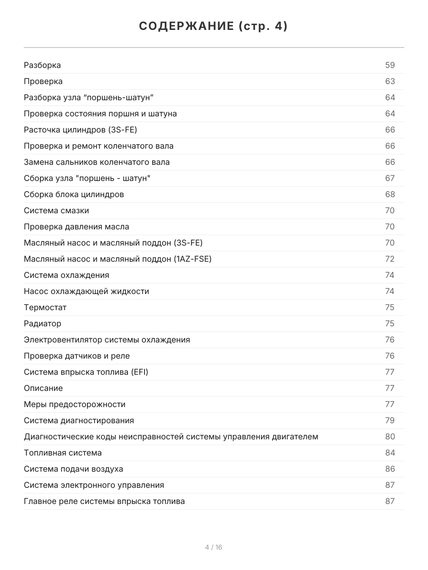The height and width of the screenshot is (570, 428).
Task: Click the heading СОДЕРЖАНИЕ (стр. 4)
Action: coord(214,27)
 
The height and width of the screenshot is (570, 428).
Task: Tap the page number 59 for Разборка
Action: coord(390,65)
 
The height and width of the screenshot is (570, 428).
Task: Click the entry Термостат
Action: coord(45,307)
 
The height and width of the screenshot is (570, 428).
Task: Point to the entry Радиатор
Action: coord(42,323)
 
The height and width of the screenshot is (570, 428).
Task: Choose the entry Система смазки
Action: coord(56,210)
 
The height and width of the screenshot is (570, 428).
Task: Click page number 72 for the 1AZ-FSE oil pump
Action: coord(390,259)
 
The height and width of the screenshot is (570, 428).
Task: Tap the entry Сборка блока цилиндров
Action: coord(74,194)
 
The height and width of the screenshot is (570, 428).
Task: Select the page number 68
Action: coord(390,194)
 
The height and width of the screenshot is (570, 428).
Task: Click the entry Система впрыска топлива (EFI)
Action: coord(86,372)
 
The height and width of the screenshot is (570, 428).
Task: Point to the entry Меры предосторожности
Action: coord(75,404)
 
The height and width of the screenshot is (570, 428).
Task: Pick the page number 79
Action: coord(390,420)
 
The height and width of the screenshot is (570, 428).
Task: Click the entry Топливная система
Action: coord(63,453)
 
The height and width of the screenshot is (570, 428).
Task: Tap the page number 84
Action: coord(390,453)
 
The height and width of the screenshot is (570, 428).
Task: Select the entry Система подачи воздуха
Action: coord(73,469)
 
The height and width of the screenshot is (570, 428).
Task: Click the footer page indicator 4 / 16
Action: coord(214,547)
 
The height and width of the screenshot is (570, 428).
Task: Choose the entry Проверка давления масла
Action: coord(76,227)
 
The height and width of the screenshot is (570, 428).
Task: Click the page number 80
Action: coord(390,437)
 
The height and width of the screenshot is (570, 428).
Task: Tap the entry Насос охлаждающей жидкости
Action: coord(86,291)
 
